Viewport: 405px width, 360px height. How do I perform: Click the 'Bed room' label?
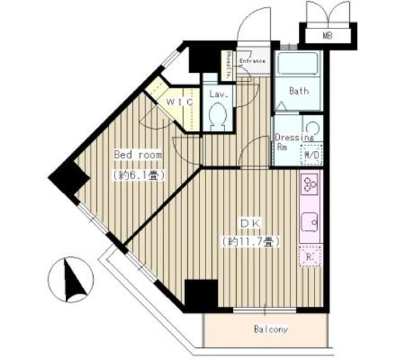coord(138,155)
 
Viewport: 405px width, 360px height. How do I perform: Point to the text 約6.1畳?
coord(138,175)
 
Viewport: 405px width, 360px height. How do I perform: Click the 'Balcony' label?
coord(271,329)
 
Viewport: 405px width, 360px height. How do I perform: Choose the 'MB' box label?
coord(328,36)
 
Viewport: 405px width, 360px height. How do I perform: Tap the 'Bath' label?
coord(299,91)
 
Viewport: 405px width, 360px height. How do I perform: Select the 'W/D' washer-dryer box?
coord(311,155)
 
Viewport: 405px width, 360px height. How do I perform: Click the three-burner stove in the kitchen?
coord(310,184)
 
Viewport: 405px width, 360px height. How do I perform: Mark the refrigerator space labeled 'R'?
coord(310,256)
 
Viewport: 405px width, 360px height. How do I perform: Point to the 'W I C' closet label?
coord(179,102)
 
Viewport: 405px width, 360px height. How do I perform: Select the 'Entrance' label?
coord(252,62)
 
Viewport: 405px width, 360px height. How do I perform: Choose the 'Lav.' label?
coord(219,95)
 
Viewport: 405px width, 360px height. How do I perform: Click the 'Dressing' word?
coord(294,137)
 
